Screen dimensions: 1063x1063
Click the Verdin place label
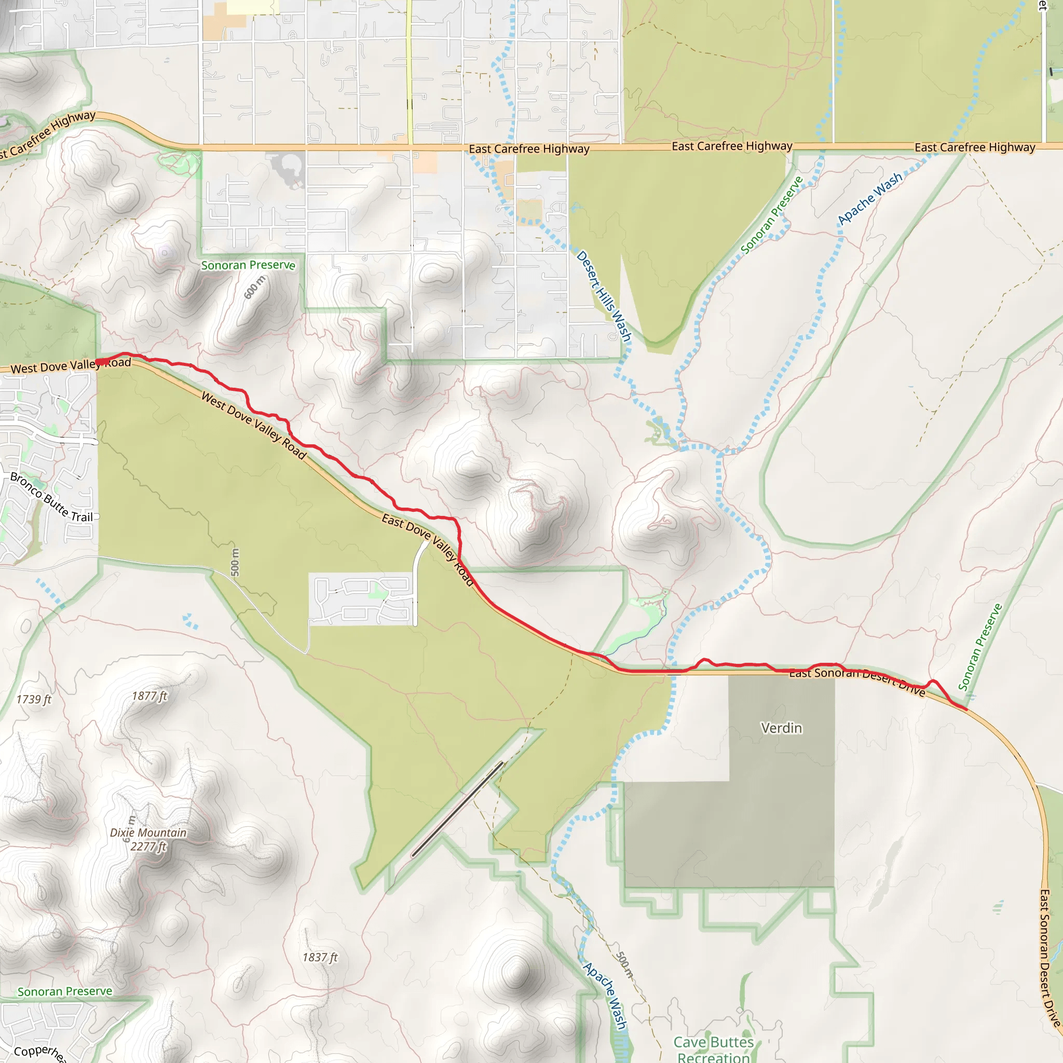tap(781, 728)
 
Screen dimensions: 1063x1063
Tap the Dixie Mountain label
tap(148, 833)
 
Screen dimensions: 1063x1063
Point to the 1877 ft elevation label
tap(149, 696)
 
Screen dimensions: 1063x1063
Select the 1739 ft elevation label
tap(34, 699)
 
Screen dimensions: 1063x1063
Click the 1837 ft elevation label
tap(320, 957)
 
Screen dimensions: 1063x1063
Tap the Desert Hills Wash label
tap(604, 296)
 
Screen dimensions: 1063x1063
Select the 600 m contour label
tap(254, 287)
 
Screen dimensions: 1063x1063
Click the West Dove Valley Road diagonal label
tap(254, 425)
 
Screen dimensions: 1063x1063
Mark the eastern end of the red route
tap(966, 709)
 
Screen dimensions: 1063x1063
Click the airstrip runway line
tap(457, 808)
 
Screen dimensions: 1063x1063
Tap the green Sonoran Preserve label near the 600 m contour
tap(248, 265)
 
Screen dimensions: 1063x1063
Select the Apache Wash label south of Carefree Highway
tap(870, 199)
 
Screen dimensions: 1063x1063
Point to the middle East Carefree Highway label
tap(732, 146)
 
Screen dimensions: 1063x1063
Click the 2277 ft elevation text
tap(148, 846)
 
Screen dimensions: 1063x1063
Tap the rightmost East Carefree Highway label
tap(975, 147)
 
